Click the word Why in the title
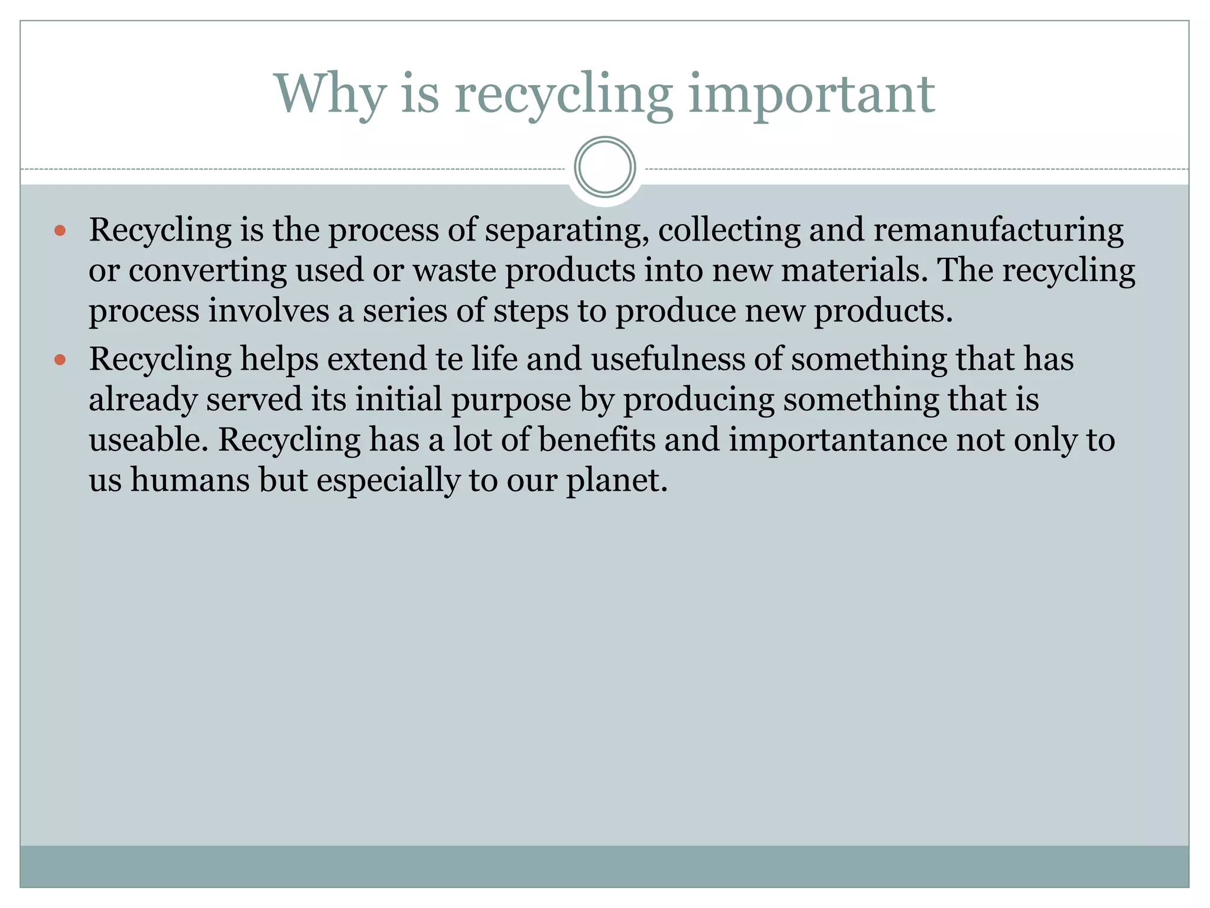point(330,95)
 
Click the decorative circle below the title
point(605,167)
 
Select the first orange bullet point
point(60,231)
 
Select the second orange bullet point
point(60,359)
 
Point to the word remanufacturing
point(998,231)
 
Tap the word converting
point(207,271)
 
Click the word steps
point(531,311)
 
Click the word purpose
point(511,400)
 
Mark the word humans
point(190,480)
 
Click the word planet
point(617,480)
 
